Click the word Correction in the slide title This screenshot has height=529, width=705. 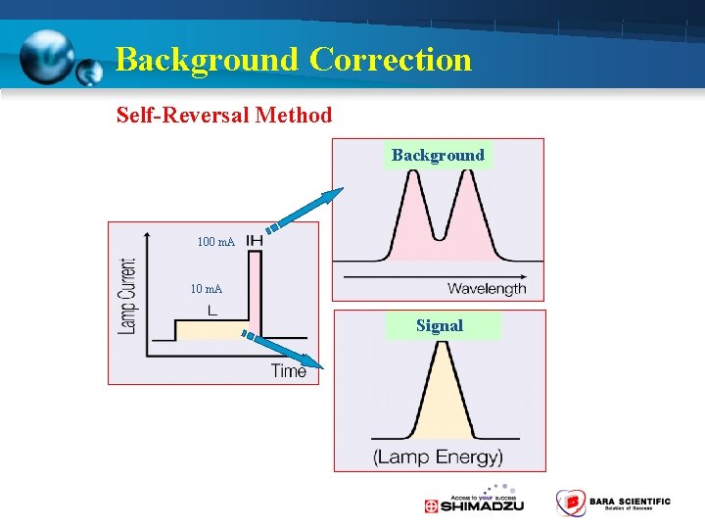[391, 60]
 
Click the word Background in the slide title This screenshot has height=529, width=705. [206, 60]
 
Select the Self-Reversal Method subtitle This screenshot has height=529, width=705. [224, 115]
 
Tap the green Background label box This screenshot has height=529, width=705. [438, 155]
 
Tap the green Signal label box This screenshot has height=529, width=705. [440, 325]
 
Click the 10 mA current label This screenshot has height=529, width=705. [206, 289]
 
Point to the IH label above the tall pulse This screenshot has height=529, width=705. [254, 241]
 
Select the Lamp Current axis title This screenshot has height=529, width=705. [127, 296]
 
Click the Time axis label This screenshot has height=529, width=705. [289, 370]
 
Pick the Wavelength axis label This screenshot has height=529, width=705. [487, 288]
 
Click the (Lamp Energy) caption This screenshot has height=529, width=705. [438, 457]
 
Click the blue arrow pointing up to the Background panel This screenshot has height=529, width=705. [305, 210]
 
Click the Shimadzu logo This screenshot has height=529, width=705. [474, 502]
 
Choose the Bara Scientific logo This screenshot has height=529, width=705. [613, 503]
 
